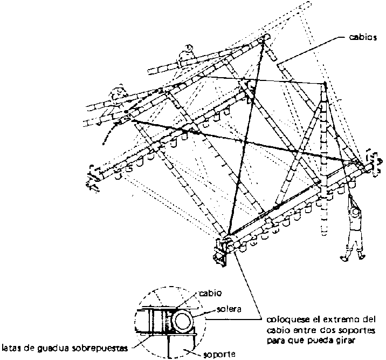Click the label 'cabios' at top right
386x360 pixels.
coord(364,38)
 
